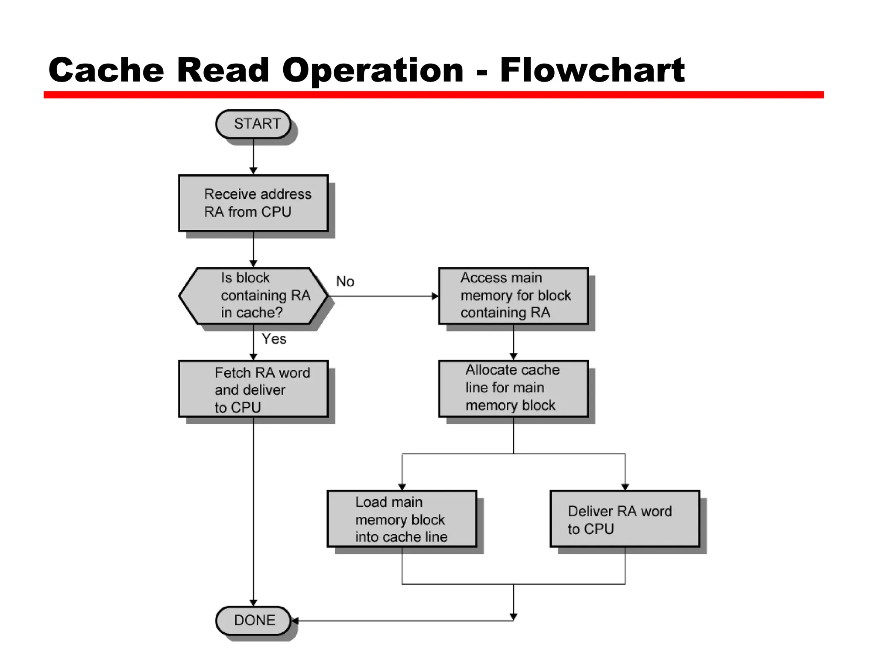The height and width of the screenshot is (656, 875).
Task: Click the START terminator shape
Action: click(253, 124)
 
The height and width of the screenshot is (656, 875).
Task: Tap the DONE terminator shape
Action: click(253, 620)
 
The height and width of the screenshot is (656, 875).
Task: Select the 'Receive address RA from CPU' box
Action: click(253, 203)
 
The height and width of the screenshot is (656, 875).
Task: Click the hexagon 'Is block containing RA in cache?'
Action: click(253, 296)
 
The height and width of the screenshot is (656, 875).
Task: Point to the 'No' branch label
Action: click(345, 281)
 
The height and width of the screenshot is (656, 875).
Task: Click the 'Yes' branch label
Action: click(274, 339)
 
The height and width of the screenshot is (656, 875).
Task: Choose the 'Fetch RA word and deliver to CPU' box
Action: click(253, 389)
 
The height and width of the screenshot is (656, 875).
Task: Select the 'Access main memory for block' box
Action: click(513, 296)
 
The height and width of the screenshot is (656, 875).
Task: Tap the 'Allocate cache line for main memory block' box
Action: click(513, 388)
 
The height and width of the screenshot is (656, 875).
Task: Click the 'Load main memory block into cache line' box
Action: click(402, 519)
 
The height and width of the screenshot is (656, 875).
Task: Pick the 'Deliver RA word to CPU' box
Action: click(625, 519)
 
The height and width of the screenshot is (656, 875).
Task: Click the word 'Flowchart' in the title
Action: click(592, 70)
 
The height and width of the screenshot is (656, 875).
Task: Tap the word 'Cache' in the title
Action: click(106, 70)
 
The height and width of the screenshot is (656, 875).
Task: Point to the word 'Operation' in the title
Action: click(373, 70)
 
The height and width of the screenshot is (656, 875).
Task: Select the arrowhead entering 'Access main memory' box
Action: click(435, 296)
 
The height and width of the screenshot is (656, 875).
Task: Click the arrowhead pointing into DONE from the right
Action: click(295, 621)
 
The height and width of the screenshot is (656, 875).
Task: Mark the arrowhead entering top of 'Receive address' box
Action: click(253, 171)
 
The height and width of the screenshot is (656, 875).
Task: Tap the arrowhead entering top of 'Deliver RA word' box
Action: click(625, 487)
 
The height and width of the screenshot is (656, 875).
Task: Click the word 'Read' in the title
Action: click(223, 70)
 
